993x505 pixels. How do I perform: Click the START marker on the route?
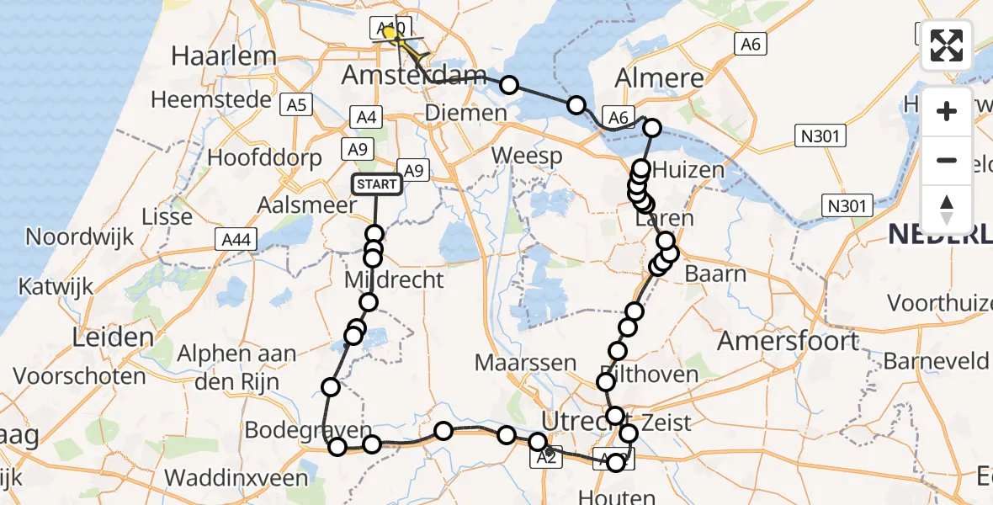376,183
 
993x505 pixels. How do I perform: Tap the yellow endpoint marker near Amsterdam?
390,33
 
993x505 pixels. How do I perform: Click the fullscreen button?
947,45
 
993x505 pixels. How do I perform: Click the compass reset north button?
947,209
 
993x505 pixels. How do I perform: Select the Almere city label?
659,79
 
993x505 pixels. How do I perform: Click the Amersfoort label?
788,341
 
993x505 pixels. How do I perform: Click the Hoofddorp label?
265,158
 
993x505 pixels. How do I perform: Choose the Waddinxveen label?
236,477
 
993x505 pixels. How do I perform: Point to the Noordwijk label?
80,237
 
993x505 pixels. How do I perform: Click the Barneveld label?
936,361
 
